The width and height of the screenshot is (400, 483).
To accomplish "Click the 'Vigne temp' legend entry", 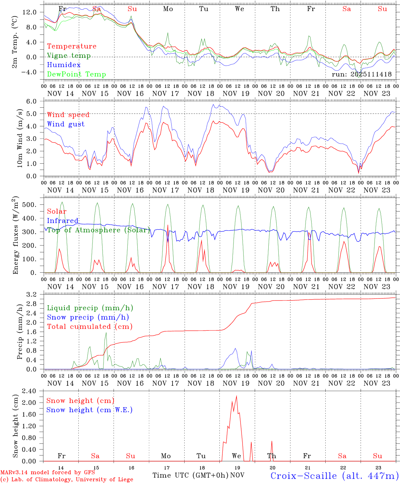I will tap(69, 56).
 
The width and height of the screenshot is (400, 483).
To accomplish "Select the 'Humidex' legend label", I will tap(64, 65).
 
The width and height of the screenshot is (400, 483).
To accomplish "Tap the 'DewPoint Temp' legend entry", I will tap(76, 74).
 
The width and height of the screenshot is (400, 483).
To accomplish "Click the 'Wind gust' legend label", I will tap(66, 124).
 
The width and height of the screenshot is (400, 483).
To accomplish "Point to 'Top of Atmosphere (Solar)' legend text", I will tap(98, 230).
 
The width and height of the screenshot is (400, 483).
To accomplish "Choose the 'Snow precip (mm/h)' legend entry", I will tap(88, 317).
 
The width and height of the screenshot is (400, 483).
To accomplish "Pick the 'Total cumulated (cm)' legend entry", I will tap(89, 326).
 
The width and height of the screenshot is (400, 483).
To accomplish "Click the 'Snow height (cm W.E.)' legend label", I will tap(89, 410).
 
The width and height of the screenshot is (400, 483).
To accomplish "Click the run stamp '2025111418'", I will tap(371, 74).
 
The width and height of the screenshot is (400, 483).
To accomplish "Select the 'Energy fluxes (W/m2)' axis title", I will tap(15, 236).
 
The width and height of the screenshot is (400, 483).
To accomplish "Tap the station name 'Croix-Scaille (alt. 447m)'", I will tap(334, 476).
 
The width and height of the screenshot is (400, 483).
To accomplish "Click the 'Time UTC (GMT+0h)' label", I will tap(190, 475).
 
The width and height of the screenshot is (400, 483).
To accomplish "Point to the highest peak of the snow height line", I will tap(237, 396).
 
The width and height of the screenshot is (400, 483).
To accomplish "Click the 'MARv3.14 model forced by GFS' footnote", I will tap(48, 473).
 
